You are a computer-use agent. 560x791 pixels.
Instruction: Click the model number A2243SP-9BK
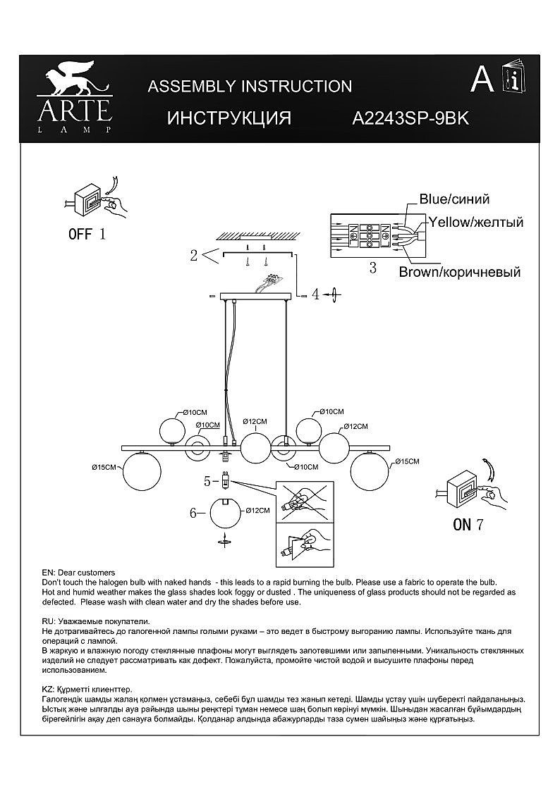pos(410,118)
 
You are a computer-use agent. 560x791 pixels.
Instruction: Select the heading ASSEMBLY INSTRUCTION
pos(250,86)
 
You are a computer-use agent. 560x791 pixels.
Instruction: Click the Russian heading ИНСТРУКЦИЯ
pos(229,118)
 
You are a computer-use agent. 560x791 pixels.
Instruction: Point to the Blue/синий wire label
pos(454,199)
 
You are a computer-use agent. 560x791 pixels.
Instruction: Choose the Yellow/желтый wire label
pos(476,222)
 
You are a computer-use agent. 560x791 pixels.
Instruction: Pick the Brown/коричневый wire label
pos(459,272)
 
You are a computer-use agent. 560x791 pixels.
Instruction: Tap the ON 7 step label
pos(468,523)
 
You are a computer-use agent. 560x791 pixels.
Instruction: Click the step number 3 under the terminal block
pos(372,268)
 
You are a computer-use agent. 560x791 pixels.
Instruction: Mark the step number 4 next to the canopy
pos(316,295)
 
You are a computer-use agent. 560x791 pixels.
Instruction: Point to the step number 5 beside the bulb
pos(208,482)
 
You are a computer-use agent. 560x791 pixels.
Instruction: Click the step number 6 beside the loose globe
pos(193,513)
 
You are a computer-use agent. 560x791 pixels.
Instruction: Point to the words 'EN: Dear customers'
pos(78,573)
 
